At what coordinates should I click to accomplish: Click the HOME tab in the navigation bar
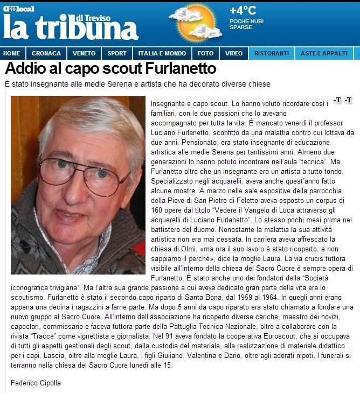(x=12, y=53)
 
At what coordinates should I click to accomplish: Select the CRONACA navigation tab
(x=46, y=53)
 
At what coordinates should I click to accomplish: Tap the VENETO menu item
(x=84, y=53)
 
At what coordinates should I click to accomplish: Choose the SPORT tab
(x=117, y=53)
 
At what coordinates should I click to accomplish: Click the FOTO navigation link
(x=205, y=53)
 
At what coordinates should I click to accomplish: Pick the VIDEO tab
(x=234, y=53)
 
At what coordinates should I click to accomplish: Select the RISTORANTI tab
(x=272, y=53)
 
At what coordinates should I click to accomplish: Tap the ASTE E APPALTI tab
(x=324, y=53)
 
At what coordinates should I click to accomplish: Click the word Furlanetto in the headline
(x=181, y=69)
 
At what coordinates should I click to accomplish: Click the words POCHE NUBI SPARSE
(x=246, y=24)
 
